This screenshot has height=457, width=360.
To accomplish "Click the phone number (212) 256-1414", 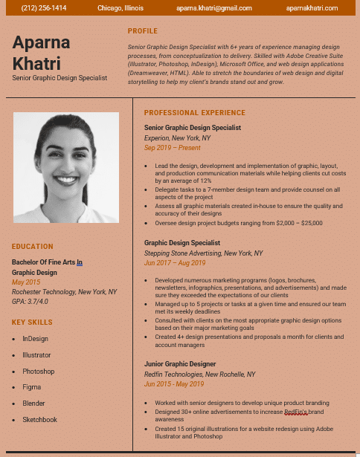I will pyautogui.click(x=44, y=8).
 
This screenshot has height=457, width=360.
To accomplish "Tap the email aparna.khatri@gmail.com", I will pyautogui.click(x=205, y=8).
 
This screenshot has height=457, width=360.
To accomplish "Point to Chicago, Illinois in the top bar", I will pyautogui.click(x=122, y=8).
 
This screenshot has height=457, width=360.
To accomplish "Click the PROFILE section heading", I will pyautogui.click(x=143, y=31).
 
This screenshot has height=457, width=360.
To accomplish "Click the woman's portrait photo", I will pyautogui.click(x=65, y=167).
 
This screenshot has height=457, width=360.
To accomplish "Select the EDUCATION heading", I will pyautogui.click(x=33, y=247).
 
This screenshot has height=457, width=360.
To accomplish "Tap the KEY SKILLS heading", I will pyautogui.click(x=32, y=323).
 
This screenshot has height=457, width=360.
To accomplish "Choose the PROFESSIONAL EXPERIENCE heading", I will pyautogui.click(x=194, y=113).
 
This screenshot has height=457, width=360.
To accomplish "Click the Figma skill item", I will pyautogui.click(x=31, y=387).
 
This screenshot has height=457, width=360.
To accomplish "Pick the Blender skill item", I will pyautogui.click(x=33, y=403).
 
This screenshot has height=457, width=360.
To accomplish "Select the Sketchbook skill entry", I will pyautogui.click(x=39, y=420).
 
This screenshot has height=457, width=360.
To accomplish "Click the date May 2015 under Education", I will pyautogui.click(x=26, y=282).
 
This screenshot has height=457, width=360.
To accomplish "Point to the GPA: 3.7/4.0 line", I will pyautogui.click(x=30, y=302).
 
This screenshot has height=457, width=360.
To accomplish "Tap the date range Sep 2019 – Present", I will pyautogui.click(x=172, y=148).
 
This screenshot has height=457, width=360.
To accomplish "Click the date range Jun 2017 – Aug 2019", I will pyautogui.click(x=175, y=263).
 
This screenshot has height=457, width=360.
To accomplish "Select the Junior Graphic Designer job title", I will pyautogui.click(x=180, y=364).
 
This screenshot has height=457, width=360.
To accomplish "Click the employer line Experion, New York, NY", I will pyautogui.click(x=177, y=138).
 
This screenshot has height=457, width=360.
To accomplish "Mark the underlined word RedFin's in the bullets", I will pyautogui.click(x=296, y=412).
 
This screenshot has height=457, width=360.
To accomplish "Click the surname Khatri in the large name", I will pyautogui.click(x=36, y=64).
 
